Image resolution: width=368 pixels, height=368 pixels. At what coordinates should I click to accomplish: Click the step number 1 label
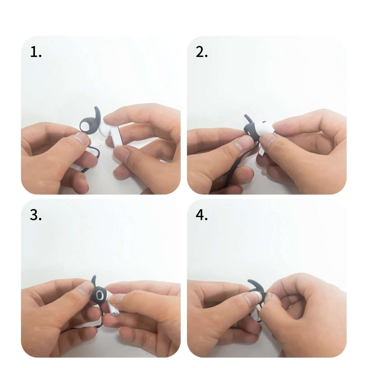click(x=36, y=52)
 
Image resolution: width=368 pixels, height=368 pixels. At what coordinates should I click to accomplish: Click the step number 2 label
click(x=202, y=52)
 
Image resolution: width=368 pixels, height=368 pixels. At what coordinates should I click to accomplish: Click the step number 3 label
click(x=36, y=215)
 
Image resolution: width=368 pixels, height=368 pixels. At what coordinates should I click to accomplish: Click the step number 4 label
click(x=202, y=215)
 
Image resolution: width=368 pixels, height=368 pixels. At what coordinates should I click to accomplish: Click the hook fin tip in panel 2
click(x=245, y=116)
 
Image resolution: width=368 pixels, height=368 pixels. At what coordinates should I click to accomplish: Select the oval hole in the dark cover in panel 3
click(x=99, y=295)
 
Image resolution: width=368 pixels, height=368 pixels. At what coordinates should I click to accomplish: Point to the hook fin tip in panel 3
click(x=95, y=277)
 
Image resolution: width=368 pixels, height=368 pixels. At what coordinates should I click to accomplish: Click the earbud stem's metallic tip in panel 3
click(x=114, y=314)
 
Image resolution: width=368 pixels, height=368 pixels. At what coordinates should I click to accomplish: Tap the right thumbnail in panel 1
click(x=123, y=153)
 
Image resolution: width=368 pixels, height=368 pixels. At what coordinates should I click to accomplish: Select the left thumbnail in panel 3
click(x=87, y=287)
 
